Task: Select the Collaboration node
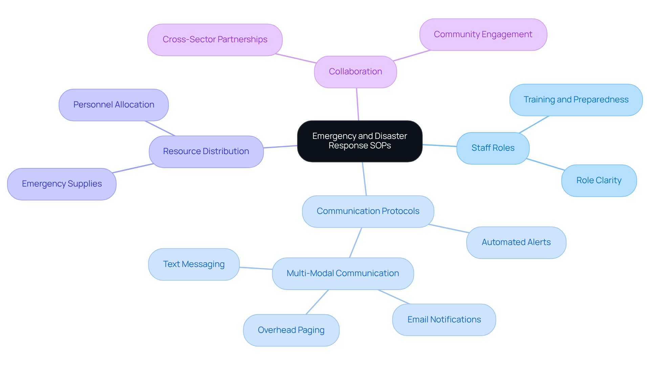point(355,72)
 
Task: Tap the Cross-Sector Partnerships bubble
point(215,40)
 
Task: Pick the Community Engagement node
point(483,34)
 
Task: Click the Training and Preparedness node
point(576,100)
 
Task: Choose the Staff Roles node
point(493,148)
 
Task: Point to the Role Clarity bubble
point(599,180)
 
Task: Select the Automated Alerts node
point(516,242)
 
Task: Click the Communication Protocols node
point(368,211)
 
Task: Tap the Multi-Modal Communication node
point(343,273)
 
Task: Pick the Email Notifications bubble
point(444,320)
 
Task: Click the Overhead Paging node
point(291,330)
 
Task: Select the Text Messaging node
point(194,264)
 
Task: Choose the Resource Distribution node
point(206,151)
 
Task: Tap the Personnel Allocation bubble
point(113,105)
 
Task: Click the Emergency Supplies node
point(62,184)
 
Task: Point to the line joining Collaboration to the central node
point(357,104)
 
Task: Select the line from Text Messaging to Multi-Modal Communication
point(256,268)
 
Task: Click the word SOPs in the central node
point(381,146)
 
